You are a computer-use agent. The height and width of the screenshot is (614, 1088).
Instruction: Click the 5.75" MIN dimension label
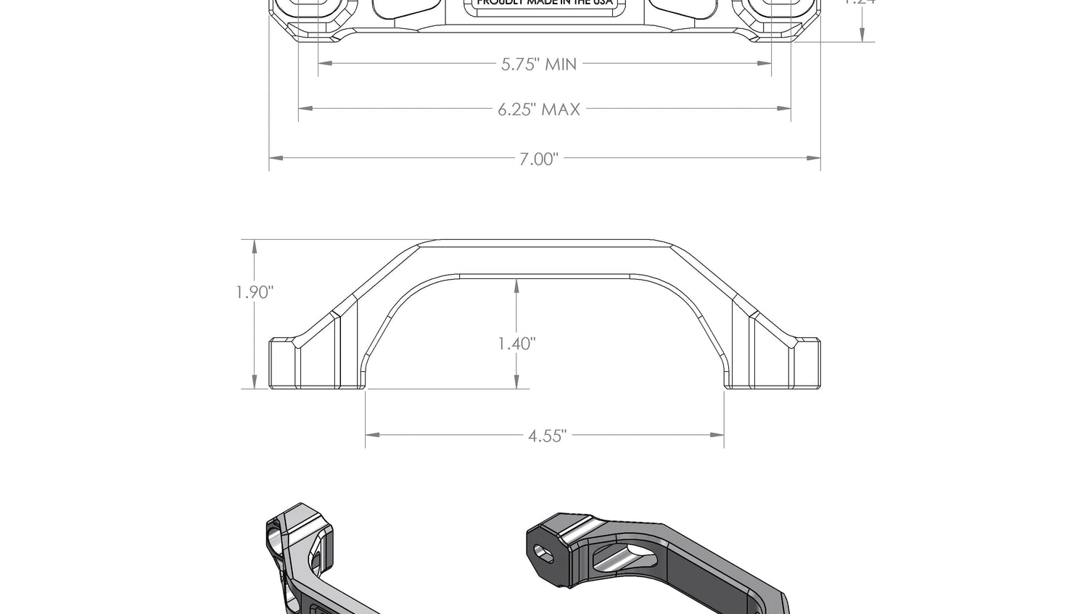click(539, 64)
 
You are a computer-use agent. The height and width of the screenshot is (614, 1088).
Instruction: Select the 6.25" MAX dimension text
click(539, 109)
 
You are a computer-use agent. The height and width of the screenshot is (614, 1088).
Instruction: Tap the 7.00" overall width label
click(538, 159)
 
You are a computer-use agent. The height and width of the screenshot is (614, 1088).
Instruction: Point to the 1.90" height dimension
click(255, 293)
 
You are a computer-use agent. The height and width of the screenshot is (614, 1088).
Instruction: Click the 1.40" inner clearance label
click(516, 343)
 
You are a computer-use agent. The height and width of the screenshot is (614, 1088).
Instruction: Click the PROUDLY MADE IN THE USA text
click(545, 3)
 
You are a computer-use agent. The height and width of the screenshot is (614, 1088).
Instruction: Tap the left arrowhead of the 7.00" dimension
click(276, 157)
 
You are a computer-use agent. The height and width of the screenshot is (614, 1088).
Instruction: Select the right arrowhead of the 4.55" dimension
click(717, 435)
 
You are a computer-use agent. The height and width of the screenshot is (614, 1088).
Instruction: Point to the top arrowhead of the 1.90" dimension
click(255, 247)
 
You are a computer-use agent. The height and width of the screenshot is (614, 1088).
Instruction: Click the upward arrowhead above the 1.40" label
click(516, 286)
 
